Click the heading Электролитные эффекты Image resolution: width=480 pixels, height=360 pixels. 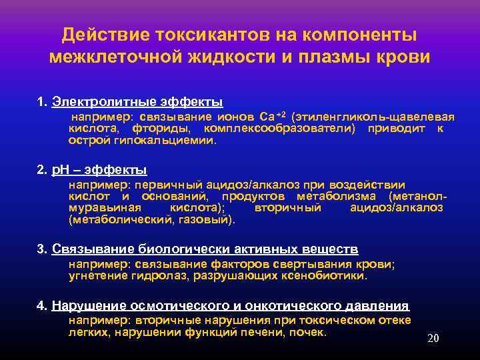coord(137,103)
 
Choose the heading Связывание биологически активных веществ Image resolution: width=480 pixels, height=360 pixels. coord(205,249)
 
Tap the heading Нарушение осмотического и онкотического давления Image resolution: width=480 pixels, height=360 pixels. coord(230,306)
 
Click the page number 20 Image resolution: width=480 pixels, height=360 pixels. coord(433,339)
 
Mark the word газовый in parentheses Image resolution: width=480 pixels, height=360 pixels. coord(207,219)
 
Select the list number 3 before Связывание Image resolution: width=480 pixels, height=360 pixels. coord(41,249)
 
